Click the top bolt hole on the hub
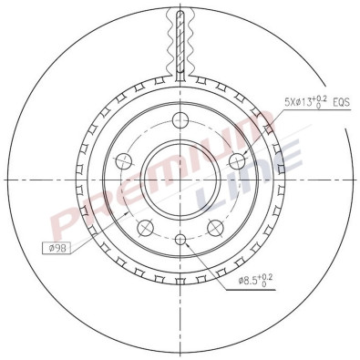coord(181,118)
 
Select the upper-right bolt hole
coord(238,161)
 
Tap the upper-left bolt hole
coord(123,161)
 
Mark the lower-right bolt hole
coord(216,227)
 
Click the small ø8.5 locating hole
coord(181,239)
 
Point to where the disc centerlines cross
coord(181,179)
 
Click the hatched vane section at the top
coord(181,36)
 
